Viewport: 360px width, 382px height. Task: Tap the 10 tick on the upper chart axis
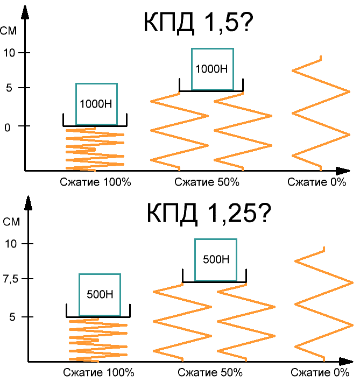click(10, 53)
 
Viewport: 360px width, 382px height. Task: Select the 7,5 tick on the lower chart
click(10, 279)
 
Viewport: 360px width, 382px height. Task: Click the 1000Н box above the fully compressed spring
click(96, 104)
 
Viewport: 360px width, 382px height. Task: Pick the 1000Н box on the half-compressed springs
click(212, 69)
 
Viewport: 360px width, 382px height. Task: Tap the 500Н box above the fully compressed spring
click(100, 294)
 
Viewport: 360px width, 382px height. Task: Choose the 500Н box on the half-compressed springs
click(216, 259)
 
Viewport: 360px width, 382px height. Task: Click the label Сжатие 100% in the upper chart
click(96, 182)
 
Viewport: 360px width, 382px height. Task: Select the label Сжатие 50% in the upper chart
click(207, 182)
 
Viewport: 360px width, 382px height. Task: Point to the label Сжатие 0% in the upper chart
click(316, 182)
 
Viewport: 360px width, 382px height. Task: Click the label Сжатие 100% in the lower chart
click(98, 372)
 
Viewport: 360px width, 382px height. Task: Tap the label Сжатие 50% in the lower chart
click(210, 372)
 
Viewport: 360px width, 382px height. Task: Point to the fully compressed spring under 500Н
click(98, 339)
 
